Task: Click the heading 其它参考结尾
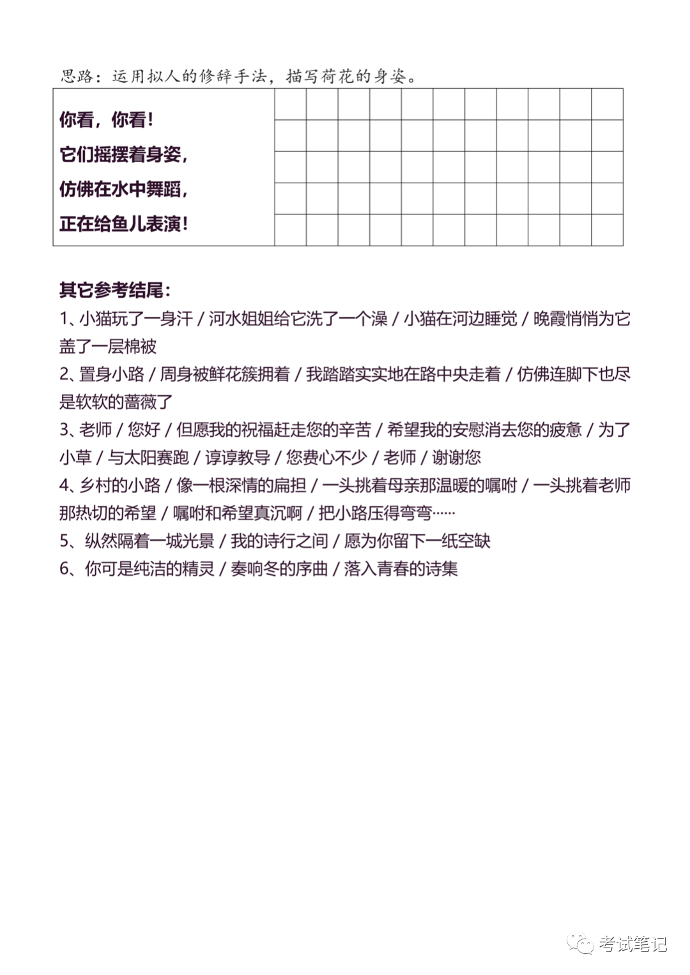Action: tap(115, 291)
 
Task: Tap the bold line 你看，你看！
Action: tap(106, 119)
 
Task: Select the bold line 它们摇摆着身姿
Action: tap(123, 155)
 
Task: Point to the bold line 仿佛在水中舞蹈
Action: tap(123, 190)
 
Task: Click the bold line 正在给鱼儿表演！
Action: tap(123, 224)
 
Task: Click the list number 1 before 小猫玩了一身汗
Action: tap(63, 319)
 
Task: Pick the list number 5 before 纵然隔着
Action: tap(64, 541)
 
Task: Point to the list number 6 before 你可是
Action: tap(64, 569)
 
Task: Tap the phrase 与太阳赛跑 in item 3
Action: tap(148, 458)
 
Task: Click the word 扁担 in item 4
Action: tap(289, 485)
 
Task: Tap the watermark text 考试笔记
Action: tap(632, 944)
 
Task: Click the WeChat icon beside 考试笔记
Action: tap(581, 944)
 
